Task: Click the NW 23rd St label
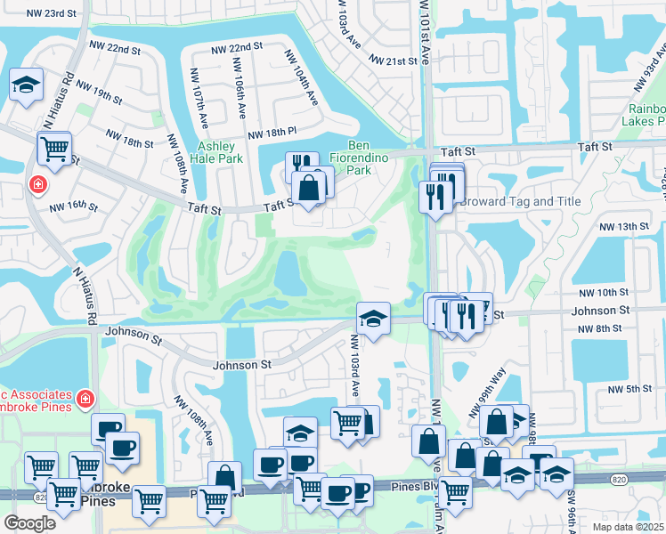tap(51, 13)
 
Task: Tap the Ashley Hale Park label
tap(216, 152)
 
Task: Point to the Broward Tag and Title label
tap(520, 202)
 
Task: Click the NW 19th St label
tap(99, 92)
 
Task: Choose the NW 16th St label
tap(73, 206)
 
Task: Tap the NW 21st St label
tap(393, 61)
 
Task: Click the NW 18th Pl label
tap(272, 133)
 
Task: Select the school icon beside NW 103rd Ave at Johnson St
tap(373, 319)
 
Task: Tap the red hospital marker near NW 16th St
tap(37, 185)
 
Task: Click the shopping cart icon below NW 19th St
tap(55, 149)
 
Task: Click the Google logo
tap(30, 523)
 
